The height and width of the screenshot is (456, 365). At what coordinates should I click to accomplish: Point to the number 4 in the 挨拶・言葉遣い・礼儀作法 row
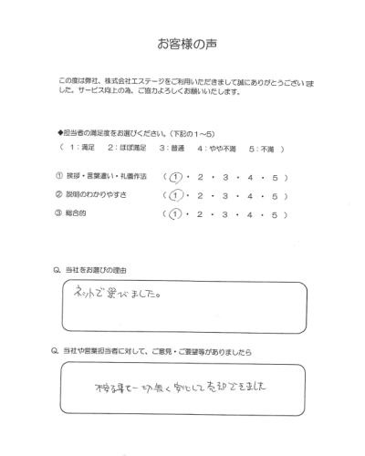point(256,176)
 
